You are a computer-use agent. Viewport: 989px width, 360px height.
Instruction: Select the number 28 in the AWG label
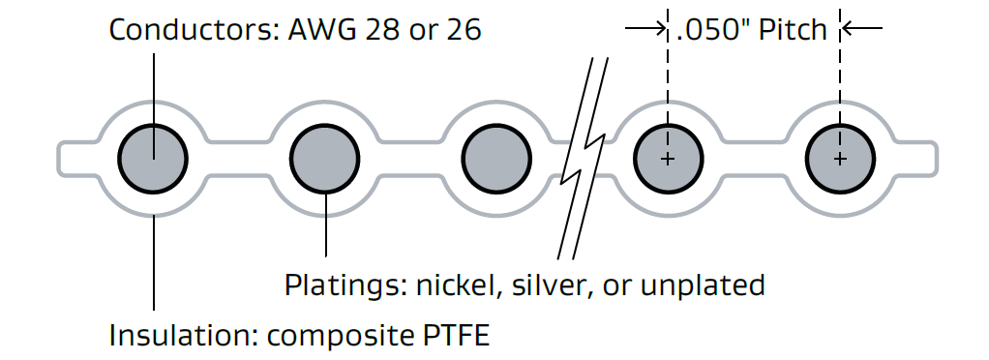point(381,30)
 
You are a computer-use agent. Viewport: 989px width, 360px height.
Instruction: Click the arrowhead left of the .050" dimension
point(660,29)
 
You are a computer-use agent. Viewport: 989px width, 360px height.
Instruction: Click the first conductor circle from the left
point(153,159)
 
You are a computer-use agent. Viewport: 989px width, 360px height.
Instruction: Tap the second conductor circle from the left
point(325,159)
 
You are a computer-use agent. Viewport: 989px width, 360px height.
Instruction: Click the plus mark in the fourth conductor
point(667,159)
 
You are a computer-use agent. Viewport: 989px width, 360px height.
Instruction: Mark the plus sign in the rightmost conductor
point(839,159)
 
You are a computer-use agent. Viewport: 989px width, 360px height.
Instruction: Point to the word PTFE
point(457,337)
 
